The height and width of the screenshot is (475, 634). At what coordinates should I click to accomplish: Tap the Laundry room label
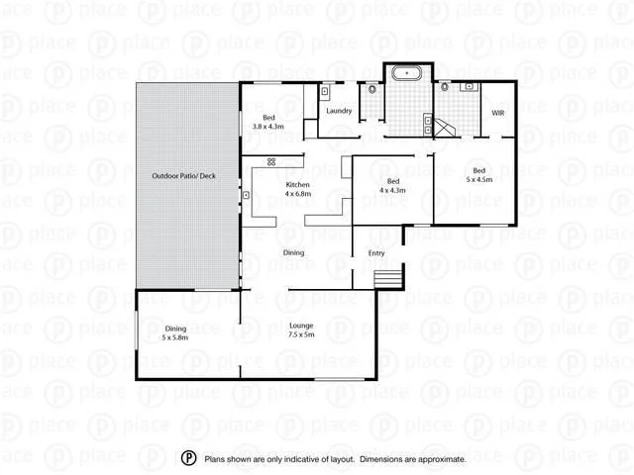point(340,111)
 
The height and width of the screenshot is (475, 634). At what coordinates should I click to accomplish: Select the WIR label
point(498,114)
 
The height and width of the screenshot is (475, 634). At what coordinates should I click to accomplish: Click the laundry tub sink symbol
point(325,92)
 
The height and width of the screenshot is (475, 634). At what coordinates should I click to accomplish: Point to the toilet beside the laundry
point(371,91)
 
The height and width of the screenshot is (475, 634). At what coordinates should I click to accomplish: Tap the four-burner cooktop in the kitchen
point(269,161)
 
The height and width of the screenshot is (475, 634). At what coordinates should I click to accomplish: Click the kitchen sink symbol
point(245,195)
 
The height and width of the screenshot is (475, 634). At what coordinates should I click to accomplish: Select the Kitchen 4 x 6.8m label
point(298,190)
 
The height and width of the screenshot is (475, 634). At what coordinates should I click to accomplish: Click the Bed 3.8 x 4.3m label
point(267,123)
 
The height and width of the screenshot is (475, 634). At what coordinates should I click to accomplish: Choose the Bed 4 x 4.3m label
point(393,186)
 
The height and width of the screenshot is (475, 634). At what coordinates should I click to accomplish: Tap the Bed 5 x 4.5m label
point(478,175)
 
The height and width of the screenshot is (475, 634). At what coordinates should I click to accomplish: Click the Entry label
point(376,253)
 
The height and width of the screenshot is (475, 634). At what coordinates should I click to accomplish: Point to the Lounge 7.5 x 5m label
point(301,331)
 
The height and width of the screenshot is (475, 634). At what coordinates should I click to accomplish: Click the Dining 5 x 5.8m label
point(175,333)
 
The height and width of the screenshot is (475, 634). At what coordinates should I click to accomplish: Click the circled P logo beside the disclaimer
point(188,458)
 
